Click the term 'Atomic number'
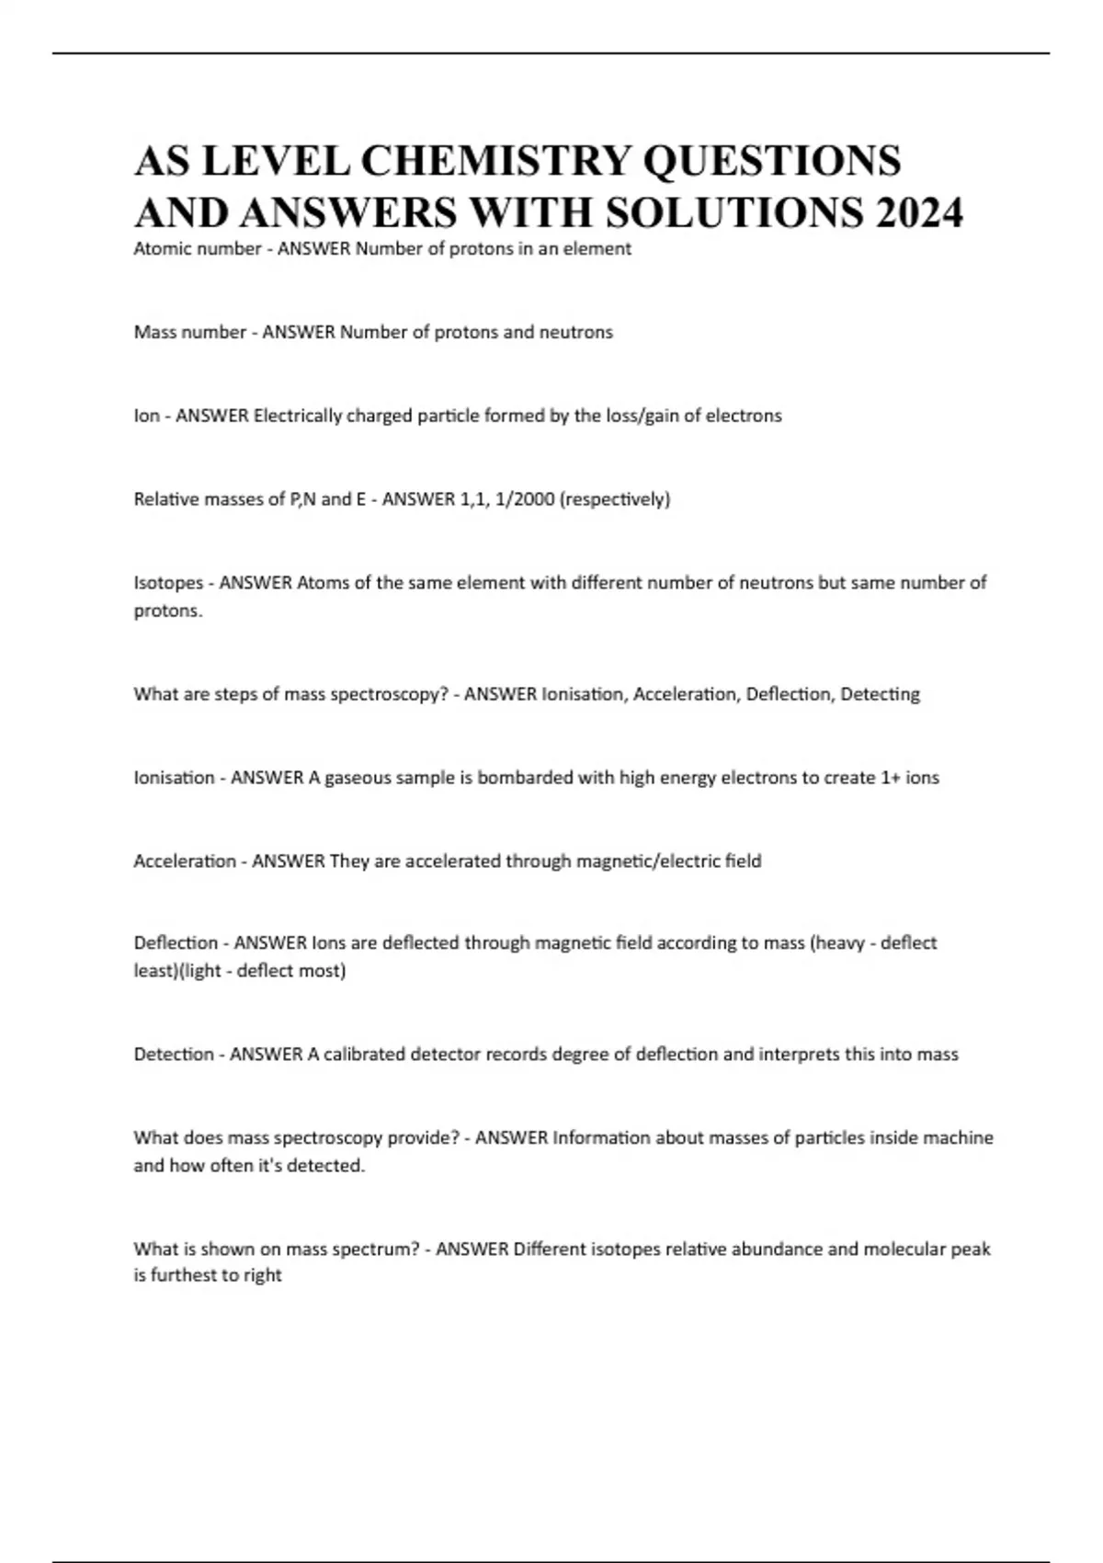[197, 248]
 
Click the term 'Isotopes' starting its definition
[168, 583]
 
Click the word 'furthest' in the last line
[183, 1275]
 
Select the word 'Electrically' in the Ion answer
[299, 416]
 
